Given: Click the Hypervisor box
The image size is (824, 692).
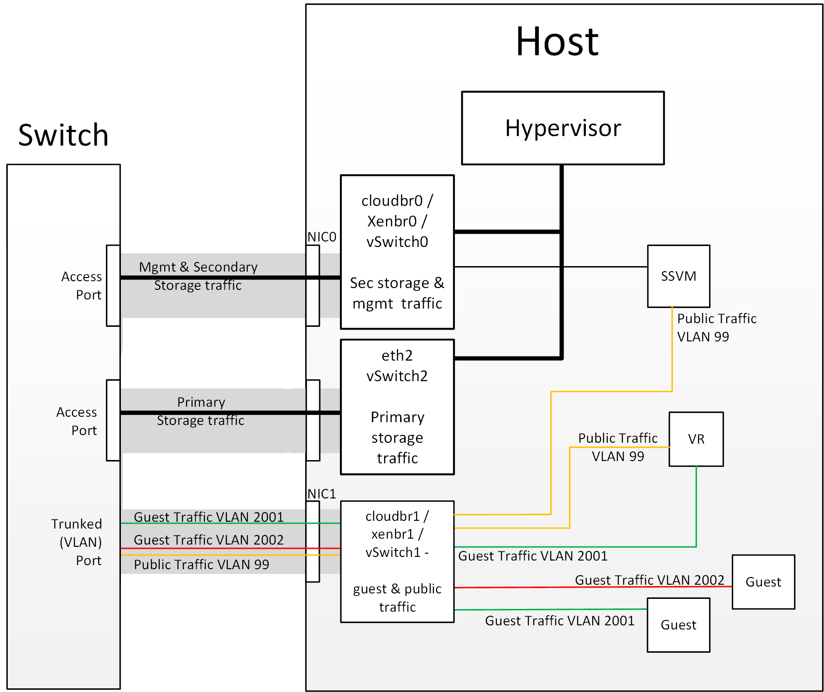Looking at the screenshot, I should (563, 128).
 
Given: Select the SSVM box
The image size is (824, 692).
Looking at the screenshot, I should (678, 276).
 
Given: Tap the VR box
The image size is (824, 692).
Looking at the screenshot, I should (696, 439).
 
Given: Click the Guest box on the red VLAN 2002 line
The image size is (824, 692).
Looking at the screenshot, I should (763, 582).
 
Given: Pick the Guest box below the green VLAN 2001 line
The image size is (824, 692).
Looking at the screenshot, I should (678, 625).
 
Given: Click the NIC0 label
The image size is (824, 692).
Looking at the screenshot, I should (321, 237).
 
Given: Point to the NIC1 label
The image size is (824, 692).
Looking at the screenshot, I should (321, 494).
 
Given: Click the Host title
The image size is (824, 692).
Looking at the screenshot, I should (557, 42).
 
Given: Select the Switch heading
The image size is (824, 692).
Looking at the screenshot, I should (63, 135).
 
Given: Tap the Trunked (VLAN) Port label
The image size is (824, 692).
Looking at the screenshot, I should (77, 542).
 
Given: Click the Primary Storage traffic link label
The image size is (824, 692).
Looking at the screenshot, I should (201, 411).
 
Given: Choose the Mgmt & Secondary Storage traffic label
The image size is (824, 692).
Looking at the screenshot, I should (198, 276).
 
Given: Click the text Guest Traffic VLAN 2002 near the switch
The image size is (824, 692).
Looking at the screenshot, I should (209, 540).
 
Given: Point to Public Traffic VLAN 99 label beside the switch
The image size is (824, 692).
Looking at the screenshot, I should (201, 565).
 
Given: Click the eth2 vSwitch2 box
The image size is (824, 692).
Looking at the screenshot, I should (397, 406).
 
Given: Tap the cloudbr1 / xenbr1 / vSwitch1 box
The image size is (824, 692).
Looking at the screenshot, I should (397, 561).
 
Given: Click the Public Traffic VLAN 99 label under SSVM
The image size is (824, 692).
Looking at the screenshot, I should (716, 327).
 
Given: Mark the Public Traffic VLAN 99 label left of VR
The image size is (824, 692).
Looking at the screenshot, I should (618, 447).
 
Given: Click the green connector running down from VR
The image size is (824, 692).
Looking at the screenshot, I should (696, 507).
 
